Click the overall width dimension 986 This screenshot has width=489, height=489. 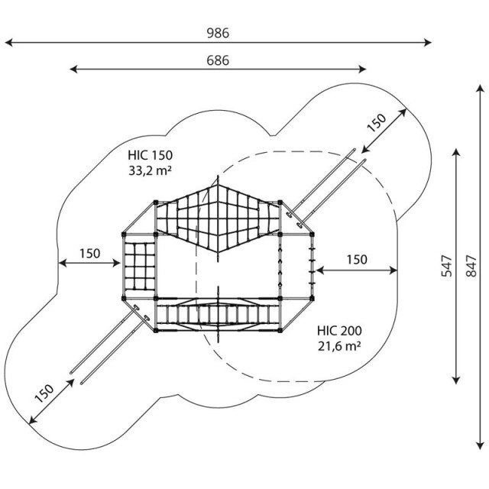tap(218, 33)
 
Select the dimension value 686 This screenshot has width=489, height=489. tap(218, 60)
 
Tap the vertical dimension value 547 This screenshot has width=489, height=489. tap(446, 266)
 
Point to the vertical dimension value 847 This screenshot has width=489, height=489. tap(471, 266)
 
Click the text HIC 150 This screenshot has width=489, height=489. tap(150, 155)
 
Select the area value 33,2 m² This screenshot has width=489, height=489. tap(150, 170)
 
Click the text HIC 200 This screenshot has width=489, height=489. tap(339, 331)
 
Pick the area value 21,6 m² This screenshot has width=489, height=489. tap(339, 346)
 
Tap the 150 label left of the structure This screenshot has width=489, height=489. tap(90, 254)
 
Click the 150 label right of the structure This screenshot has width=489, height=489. tap(357, 260)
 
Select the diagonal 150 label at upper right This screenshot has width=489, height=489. tap(376, 122)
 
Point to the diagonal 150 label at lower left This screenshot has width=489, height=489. tap(44, 393)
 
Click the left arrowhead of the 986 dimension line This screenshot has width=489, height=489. tap(8, 43)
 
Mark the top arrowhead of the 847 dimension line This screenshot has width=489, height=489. tap(481, 88)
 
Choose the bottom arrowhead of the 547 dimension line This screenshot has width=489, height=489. tap(456, 380)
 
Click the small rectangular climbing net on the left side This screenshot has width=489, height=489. tap(139, 266)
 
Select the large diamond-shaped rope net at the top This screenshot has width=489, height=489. tap(218, 219)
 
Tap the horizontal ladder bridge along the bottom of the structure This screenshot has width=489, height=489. tap(218, 315)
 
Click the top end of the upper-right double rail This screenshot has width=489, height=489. tap(355, 150)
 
